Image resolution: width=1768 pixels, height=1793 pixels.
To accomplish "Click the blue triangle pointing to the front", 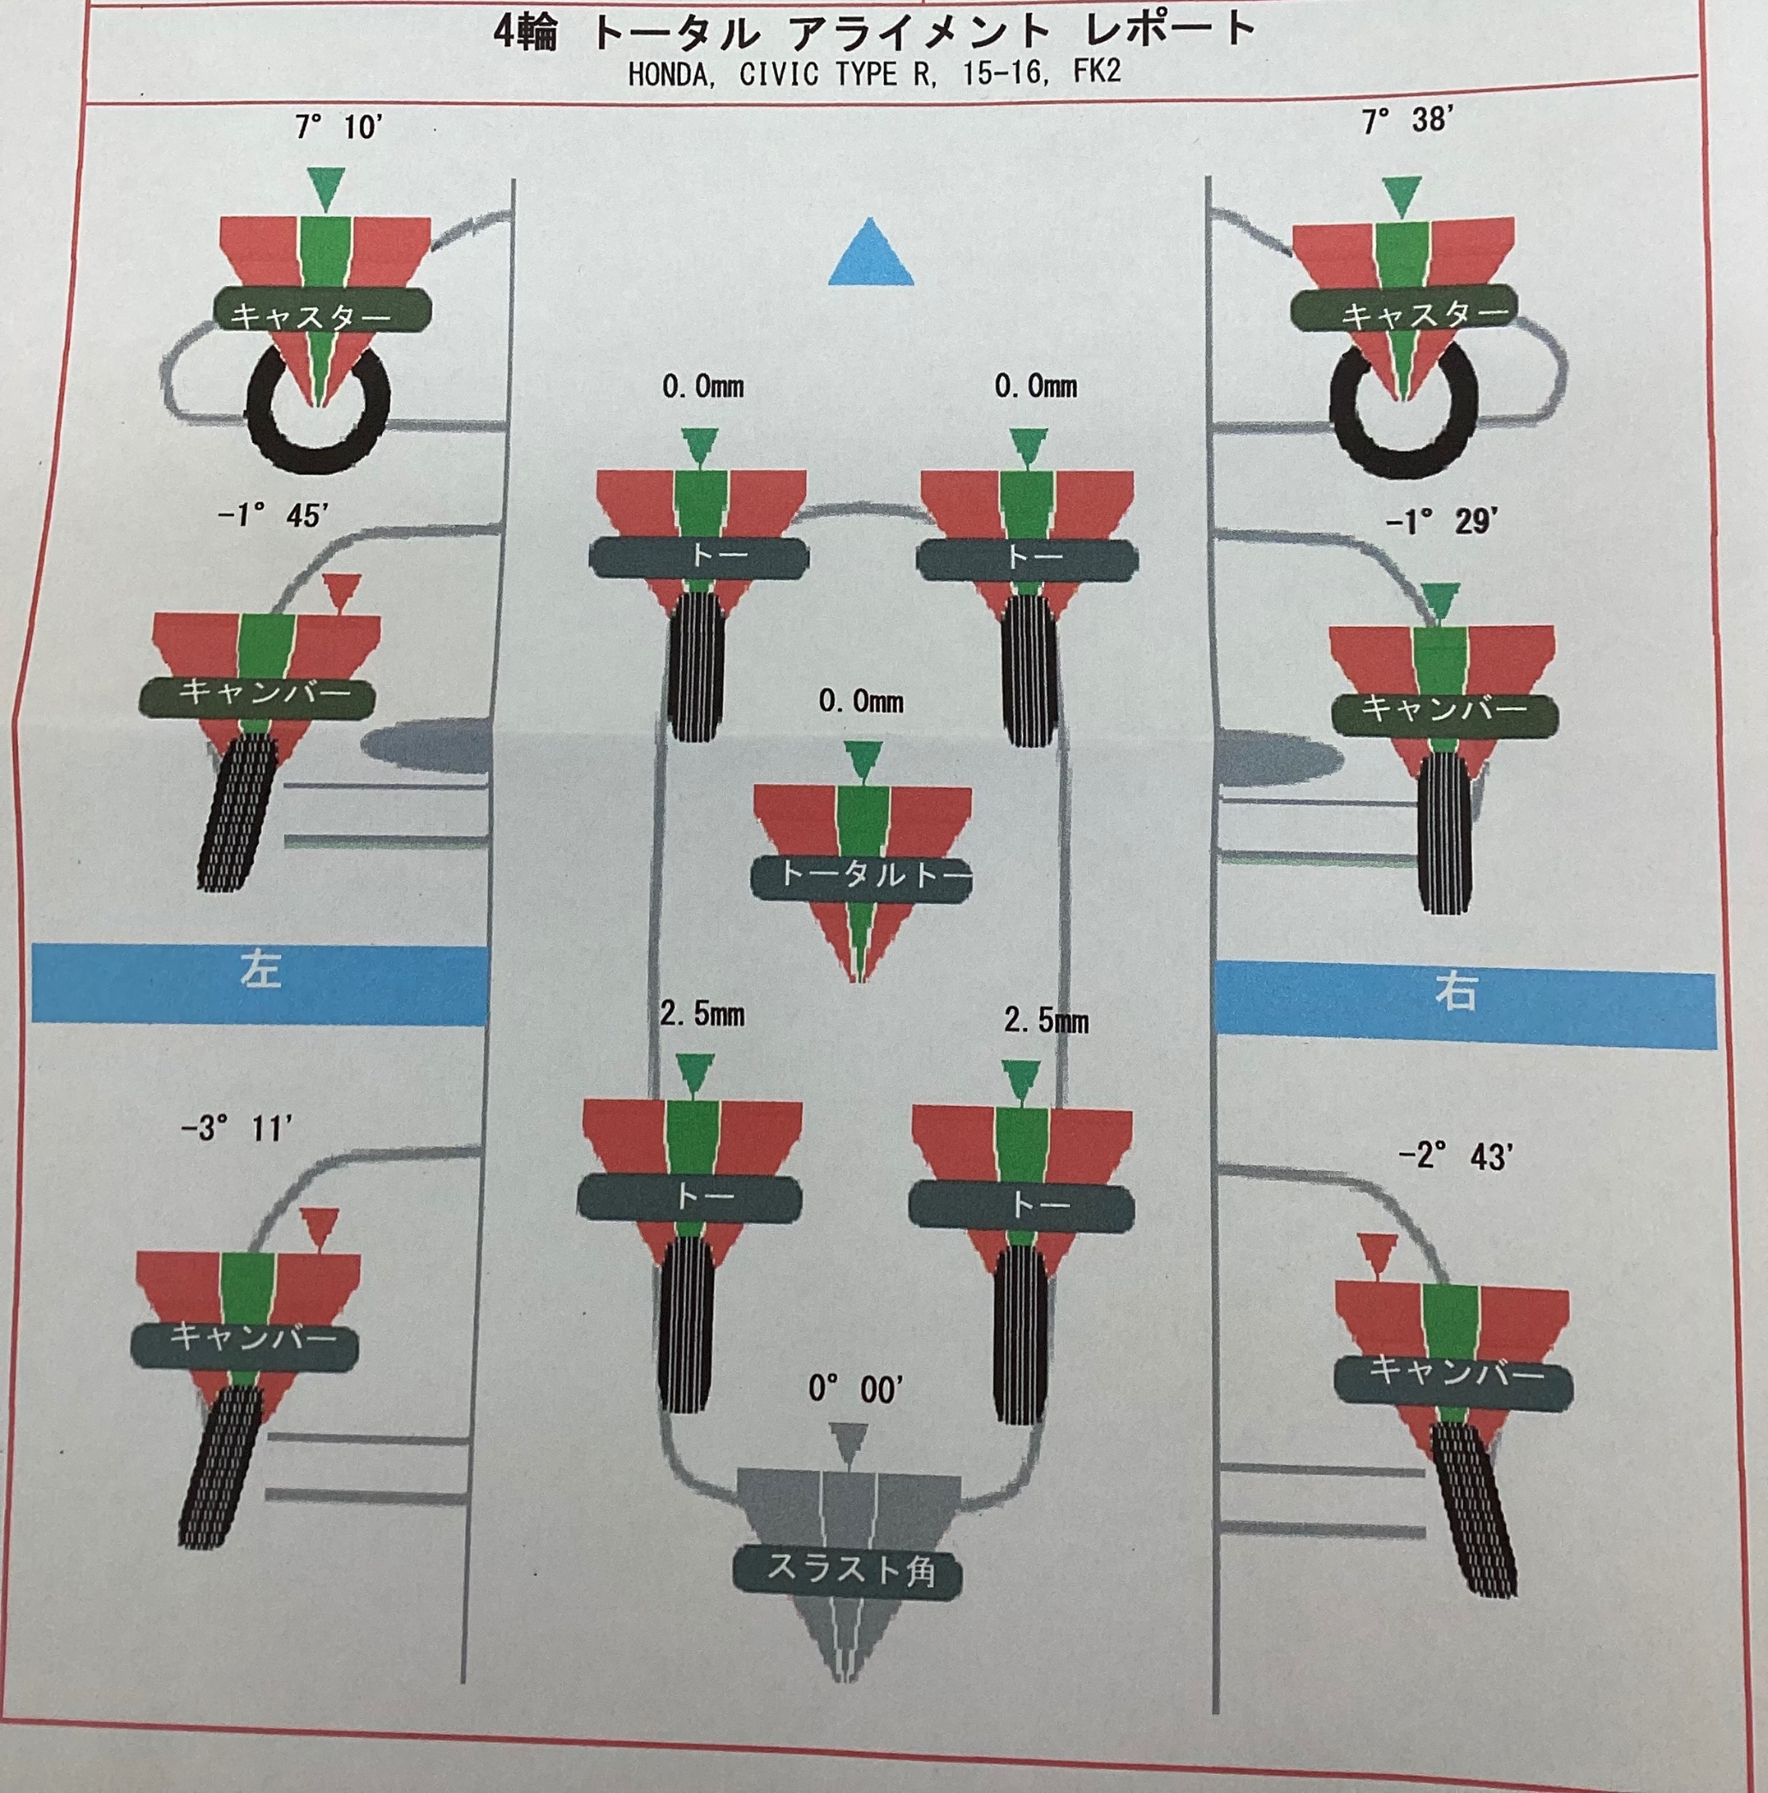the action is (871, 253).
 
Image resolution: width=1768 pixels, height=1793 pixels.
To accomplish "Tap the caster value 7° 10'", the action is (338, 127).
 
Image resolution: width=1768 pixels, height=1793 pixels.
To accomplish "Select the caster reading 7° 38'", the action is (1404, 121).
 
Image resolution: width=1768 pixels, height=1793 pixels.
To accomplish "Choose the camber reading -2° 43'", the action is (1454, 1156).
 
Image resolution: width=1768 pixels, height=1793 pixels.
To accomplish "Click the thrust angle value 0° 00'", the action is (855, 1415).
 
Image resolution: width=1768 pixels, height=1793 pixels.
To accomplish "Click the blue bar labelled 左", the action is (260, 983).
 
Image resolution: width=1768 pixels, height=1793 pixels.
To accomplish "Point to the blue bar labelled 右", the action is (1464, 1004).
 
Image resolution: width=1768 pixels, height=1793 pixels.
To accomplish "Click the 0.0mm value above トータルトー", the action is (860, 701).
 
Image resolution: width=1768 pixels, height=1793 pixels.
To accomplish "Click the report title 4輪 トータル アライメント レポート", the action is (875, 32).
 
